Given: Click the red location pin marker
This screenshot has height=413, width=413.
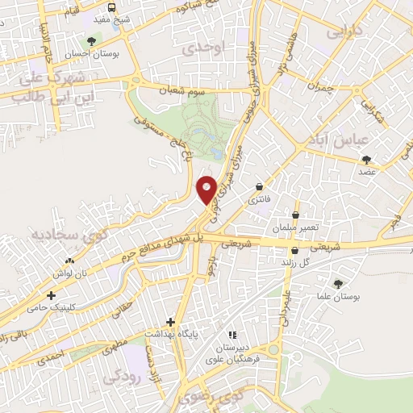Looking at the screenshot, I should [x=206, y=189].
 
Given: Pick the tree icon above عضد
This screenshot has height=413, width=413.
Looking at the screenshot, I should [x=366, y=159].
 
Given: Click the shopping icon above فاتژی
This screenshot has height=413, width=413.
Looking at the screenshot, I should [x=259, y=186].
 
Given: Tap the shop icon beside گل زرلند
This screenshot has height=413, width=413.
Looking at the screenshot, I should [x=295, y=251].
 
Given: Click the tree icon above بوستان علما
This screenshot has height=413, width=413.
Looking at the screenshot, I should [x=338, y=283].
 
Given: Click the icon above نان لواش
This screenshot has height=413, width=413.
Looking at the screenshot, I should [x=69, y=261].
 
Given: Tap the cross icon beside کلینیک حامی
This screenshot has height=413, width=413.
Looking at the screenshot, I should [x=51, y=295].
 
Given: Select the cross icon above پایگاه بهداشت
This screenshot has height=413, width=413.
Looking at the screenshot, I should [x=170, y=321].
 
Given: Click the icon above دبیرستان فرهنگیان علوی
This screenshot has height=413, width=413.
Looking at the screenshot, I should [x=232, y=334].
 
